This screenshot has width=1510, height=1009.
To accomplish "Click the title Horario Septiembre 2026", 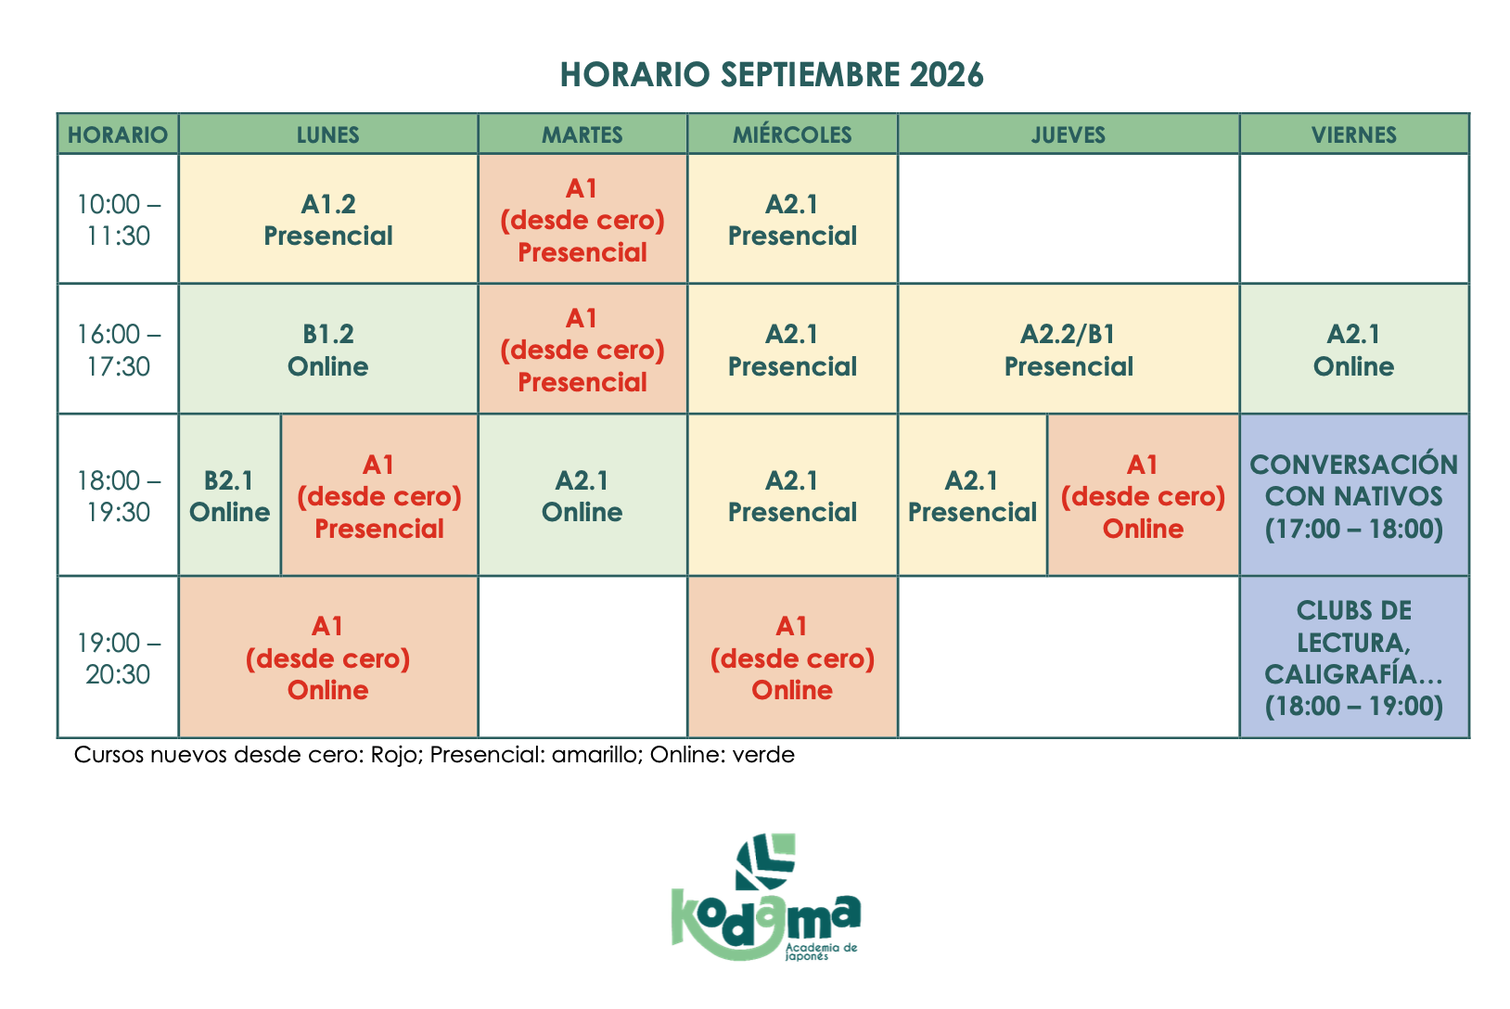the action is (772, 74).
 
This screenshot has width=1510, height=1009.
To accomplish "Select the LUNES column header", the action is (328, 134).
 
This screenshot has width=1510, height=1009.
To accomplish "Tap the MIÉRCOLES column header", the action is (792, 134).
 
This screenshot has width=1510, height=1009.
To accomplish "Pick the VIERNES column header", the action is (1353, 134).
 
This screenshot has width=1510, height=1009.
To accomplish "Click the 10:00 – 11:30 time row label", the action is (118, 219).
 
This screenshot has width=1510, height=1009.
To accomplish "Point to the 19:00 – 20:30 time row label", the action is (118, 658).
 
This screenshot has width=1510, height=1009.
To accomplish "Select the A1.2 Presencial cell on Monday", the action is (328, 219).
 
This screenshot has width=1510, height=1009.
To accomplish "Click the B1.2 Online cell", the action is (328, 349).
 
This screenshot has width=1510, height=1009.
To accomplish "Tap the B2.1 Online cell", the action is (230, 495).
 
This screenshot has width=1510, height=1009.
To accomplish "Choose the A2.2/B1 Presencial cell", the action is (1069, 349).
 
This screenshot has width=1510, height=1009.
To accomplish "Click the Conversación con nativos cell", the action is (1353, 495).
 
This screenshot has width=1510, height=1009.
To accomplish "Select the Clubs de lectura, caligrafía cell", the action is (1353, 658).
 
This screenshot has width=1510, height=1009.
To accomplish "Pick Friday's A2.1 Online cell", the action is (1353, 349).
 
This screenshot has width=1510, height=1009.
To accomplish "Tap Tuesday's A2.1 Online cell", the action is (582, 495).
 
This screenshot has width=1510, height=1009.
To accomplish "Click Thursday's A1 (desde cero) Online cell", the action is (1144, 495).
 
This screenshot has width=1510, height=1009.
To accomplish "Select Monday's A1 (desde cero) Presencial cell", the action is (379, 495).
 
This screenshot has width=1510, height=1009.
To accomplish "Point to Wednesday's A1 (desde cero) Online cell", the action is (792, 658).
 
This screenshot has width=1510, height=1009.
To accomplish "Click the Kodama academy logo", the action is (765, 897).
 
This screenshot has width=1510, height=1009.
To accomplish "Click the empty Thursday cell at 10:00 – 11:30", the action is (1069, 219).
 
